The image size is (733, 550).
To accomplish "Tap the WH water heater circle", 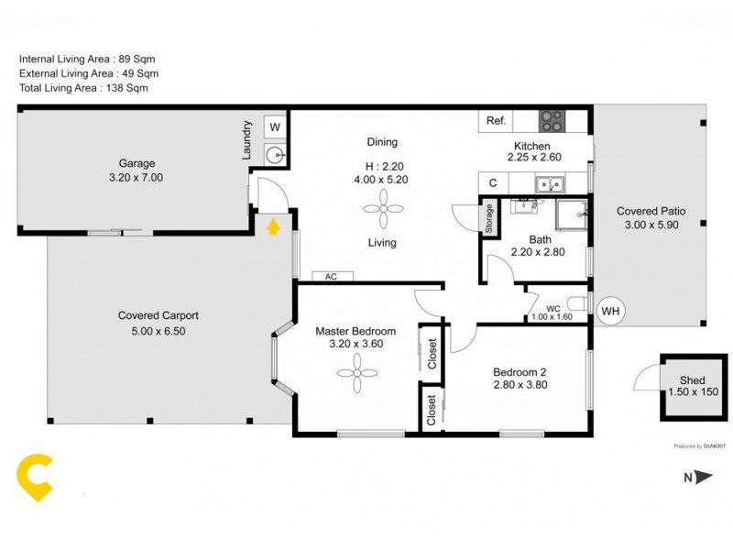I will click(x=610, y=312).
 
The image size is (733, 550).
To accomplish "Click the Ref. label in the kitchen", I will click(x=497, y=121).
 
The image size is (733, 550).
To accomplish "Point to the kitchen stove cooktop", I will click(x=552, y=119).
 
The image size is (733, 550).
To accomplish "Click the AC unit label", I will click(x=331, y=276).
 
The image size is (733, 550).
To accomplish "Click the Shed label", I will click(x=692, y=380).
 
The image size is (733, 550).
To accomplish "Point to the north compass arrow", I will click(x=704, y=477).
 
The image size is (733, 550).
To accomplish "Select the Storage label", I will click(x=489, y=219).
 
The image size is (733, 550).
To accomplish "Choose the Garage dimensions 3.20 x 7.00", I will click(x=134, y=178).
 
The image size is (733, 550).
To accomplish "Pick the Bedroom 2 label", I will click(x=520, y=371).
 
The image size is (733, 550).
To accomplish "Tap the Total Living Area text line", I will click(x=83, y=88).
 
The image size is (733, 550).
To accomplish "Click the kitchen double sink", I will click(x=550, y=184).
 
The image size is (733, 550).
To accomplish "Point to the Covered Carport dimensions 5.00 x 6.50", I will click(x=159, y=331).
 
